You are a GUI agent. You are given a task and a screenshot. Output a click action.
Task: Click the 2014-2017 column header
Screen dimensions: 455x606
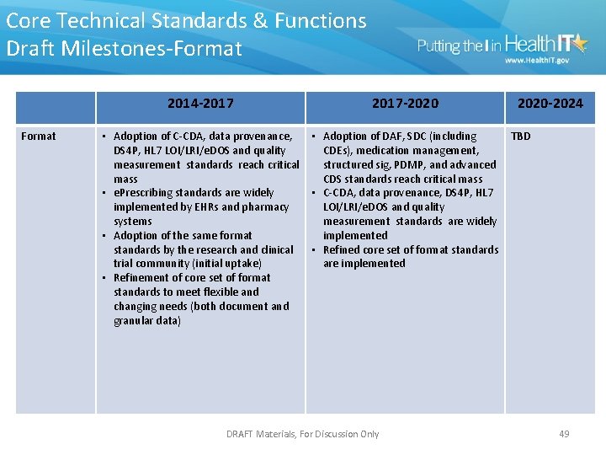click(200, 104)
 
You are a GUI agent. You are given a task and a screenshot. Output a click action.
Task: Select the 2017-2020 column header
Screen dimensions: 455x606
click(405, 104)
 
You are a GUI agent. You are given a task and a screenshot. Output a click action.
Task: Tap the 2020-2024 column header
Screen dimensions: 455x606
click(550, 104)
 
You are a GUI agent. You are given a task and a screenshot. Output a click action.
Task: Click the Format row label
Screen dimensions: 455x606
click(39, 136)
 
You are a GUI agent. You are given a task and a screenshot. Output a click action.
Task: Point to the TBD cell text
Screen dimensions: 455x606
click(521, 136)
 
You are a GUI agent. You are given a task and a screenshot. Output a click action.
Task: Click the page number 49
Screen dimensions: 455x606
click(564, 434)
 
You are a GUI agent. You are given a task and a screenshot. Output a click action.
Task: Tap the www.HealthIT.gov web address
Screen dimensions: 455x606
click(536, 61)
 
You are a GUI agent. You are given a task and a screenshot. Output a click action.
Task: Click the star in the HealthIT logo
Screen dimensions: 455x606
click(580, 41)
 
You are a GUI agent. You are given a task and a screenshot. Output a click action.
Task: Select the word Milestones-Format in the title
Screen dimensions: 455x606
click(169, 48)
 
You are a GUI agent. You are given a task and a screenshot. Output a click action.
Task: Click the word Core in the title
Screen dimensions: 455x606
click(27, 20)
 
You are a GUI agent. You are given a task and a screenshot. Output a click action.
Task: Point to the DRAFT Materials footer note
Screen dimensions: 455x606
click(303, 434)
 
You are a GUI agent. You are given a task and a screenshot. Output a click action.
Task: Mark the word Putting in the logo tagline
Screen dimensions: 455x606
click(439, 46)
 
